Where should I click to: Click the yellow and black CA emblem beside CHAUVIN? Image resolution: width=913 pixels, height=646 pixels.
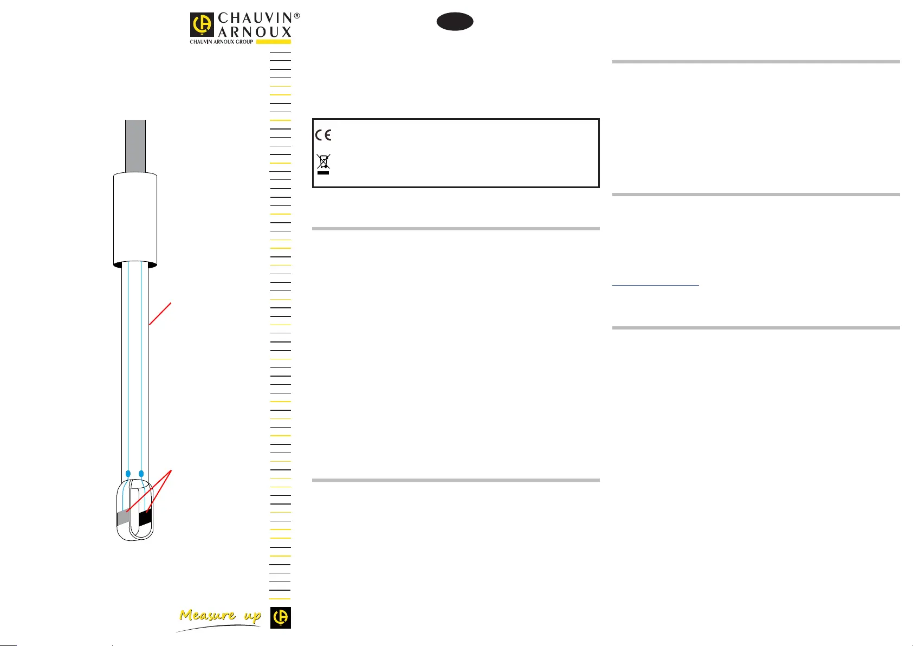pyautogui.click(x=203, y=25)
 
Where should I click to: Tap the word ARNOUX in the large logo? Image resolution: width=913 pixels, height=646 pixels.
pyautogui.click(x=255, y=32)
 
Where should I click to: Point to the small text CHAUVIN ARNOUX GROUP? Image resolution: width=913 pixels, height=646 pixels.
pyautogui.click(x=221, y=42)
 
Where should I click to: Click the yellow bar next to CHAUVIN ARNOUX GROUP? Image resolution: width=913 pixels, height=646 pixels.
pyautogui.click(x=273, y=42)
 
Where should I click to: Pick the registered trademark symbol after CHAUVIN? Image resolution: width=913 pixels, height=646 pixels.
pyautogui.click(x=296, y=16)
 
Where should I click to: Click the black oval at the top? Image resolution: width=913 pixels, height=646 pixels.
pyautogui.click(x=455, y=22)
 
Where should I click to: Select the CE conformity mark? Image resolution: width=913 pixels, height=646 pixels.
pyautogui.click(x=323, y=134)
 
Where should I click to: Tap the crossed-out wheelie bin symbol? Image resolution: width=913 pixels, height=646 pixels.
pyautogui.click(x=323, y=164)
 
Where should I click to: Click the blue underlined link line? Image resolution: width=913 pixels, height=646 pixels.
pyautogui.click(x=656, y=285)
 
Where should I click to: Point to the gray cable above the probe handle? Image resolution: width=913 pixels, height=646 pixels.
pyautogui.click(x=135, y=145)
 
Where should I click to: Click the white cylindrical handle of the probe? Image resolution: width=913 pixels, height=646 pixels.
pyautogui.click(x=135, y=219)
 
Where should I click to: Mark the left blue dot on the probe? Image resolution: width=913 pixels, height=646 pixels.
pyautogui.click(x=128, y=474)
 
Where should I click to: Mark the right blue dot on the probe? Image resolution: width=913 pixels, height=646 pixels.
pyautogui.click(x=141, y=474)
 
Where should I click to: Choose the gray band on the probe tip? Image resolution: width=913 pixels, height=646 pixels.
pyautogui.click(x=123, y=518)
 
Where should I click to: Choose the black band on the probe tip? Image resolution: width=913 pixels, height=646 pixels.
pyautogui.click(x=145, y=518)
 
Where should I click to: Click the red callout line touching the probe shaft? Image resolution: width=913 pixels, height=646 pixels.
pyautogui.click(x=160, y=314)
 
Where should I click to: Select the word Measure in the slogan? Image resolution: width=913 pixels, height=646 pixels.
pyautogui.click(x=208, y=616)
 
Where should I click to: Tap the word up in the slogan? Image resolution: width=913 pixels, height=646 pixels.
pyautogui.click(x=252, y=617)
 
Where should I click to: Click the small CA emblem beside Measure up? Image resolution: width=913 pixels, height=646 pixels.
pyautogui.click(x=281, y=617)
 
